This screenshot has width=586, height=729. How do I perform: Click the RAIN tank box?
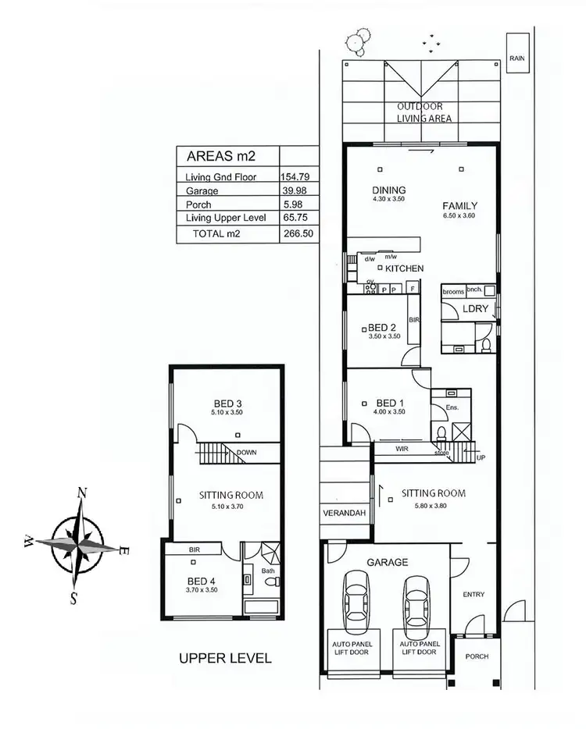point(516,54)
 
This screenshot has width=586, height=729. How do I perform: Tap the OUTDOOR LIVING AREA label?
point(424,112)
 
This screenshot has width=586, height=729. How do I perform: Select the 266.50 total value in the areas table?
point(297,233)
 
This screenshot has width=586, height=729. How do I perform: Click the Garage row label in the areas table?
point(202,190)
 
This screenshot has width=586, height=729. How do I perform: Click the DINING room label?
point(388,190)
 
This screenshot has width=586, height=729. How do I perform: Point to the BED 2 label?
point(382,327)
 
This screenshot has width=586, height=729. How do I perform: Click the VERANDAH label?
point(344,513)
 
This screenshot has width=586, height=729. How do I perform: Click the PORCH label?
point(476,656)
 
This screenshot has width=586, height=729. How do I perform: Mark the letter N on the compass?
point(80,493)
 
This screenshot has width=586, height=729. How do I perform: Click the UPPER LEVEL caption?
point(225,658)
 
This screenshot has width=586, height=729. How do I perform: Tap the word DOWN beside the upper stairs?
point(247,452)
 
